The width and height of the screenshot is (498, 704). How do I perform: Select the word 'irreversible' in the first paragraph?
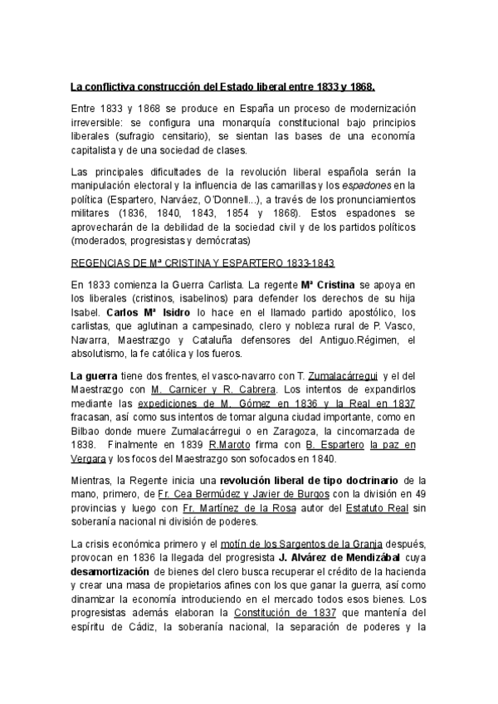click(x=100, y=122)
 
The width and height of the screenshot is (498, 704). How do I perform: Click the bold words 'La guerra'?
click(x=93, y=376)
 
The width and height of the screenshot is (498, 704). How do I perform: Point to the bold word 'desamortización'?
click(x=110, y=573)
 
